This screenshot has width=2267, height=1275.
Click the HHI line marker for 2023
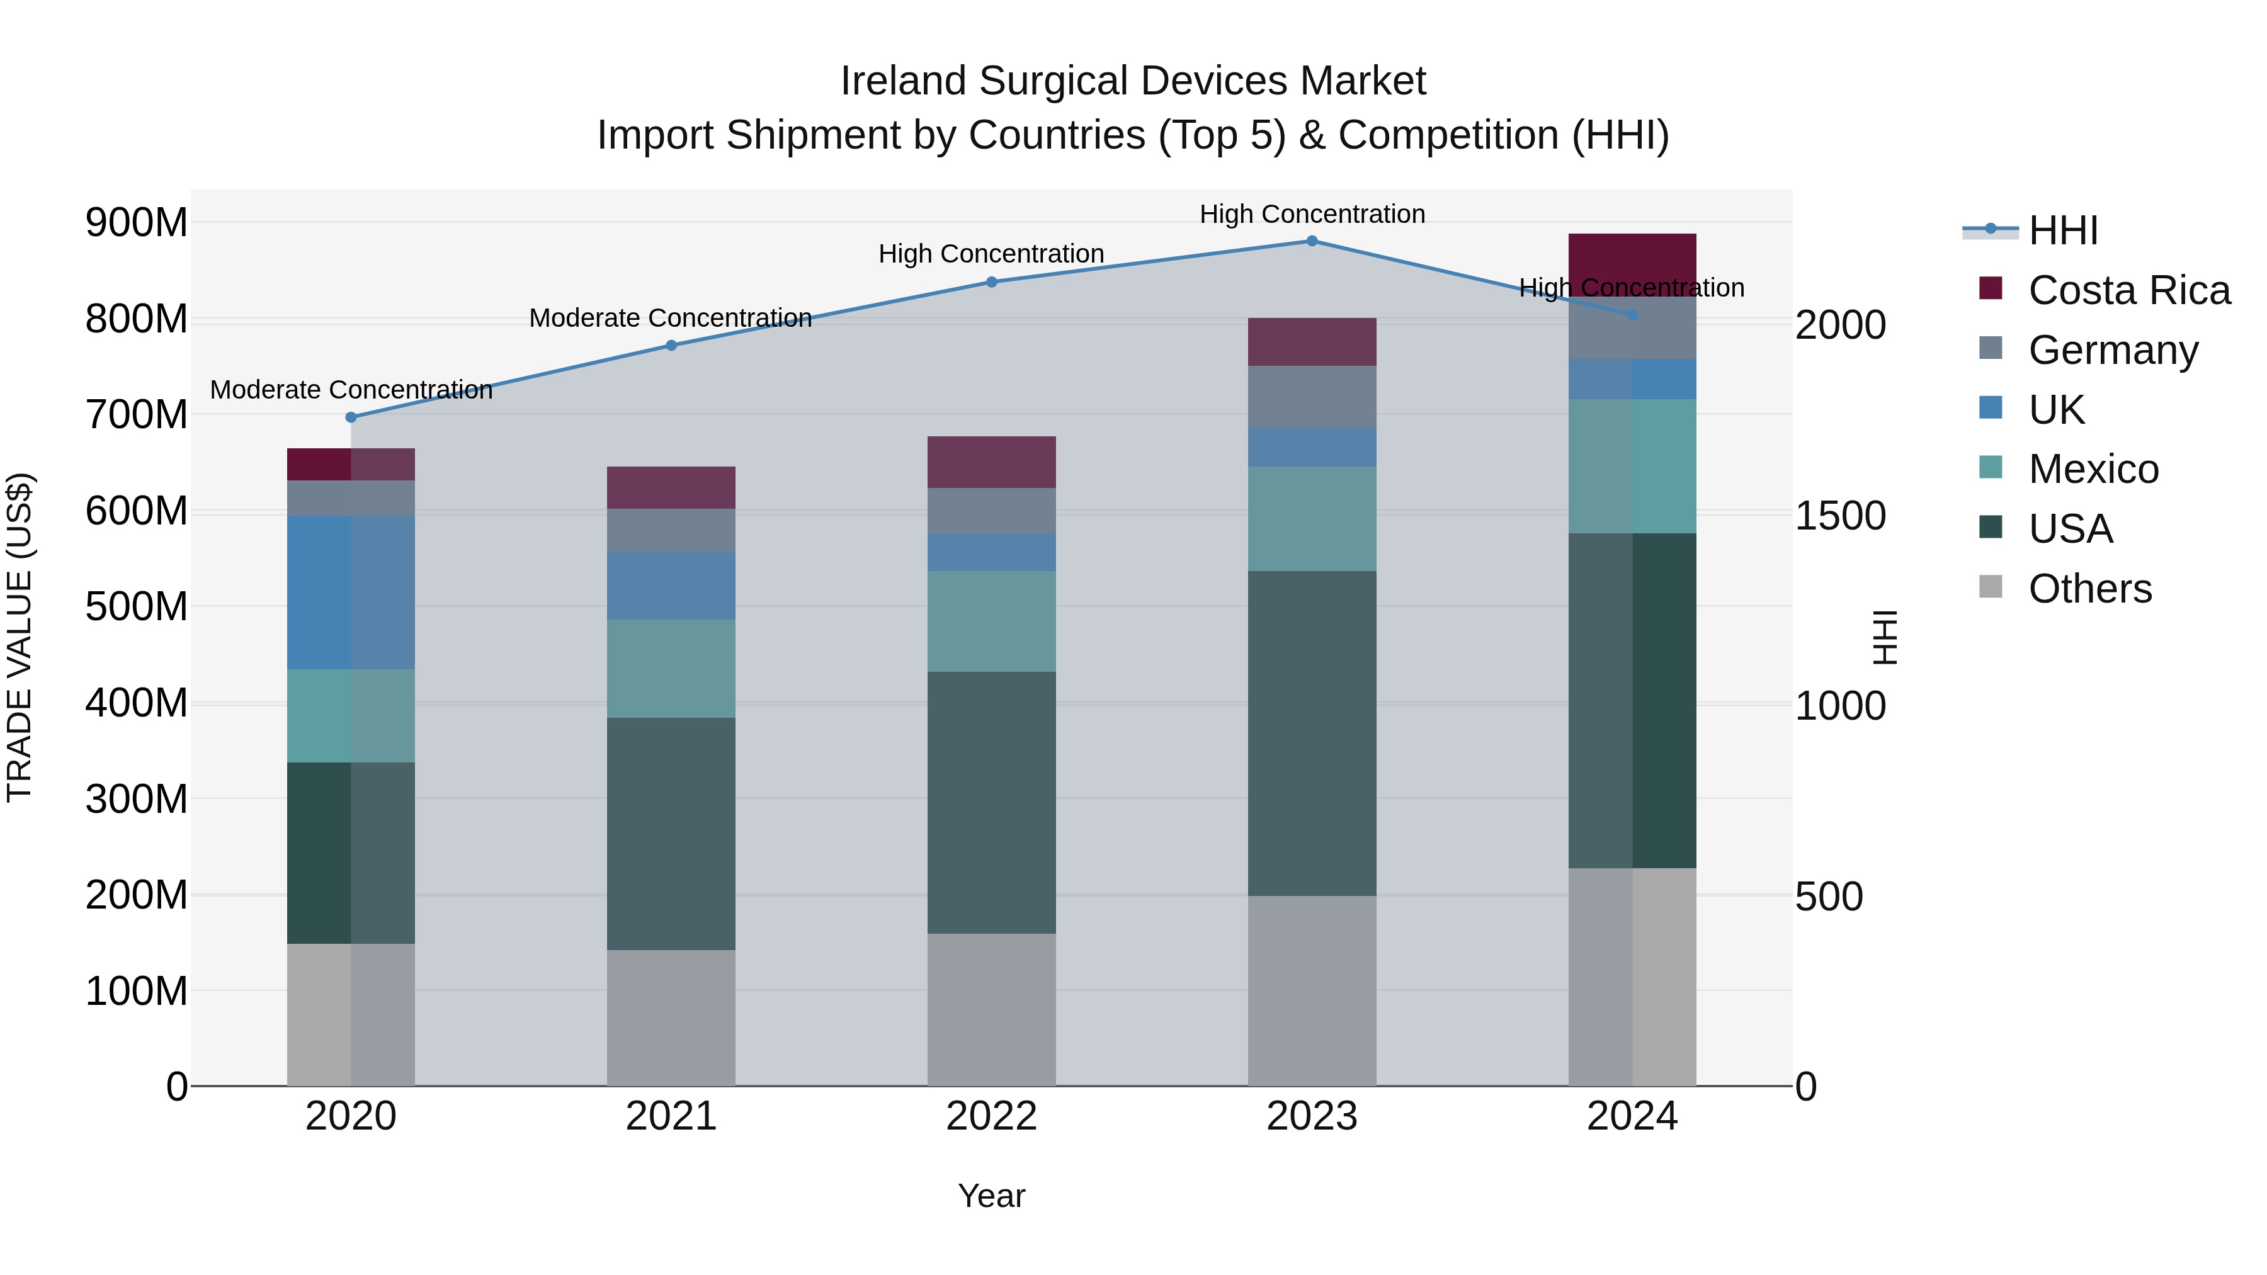[x=1311, y=241]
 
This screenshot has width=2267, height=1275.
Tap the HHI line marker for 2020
[x=351, y=417]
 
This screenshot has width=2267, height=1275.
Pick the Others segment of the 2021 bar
[x=671, y=1017]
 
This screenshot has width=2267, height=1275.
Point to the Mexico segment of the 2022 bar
[x=991, y=621]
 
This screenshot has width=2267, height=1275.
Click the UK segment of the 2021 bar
[x=671, y=585]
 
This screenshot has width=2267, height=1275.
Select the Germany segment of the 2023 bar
[x=1311, y=397]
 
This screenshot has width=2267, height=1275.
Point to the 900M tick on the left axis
[x=137, y=223]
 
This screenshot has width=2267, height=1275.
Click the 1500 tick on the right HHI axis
[x=1840, y=516]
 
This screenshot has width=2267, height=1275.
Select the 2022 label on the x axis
[x=991, y=1116]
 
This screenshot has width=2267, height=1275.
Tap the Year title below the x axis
[x=991, y=1196]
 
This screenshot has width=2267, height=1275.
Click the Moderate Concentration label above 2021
[x=671, y=318]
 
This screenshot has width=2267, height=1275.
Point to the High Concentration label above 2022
[x=991, y=253]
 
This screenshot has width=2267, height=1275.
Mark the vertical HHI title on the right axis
[x=1884, y=637]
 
